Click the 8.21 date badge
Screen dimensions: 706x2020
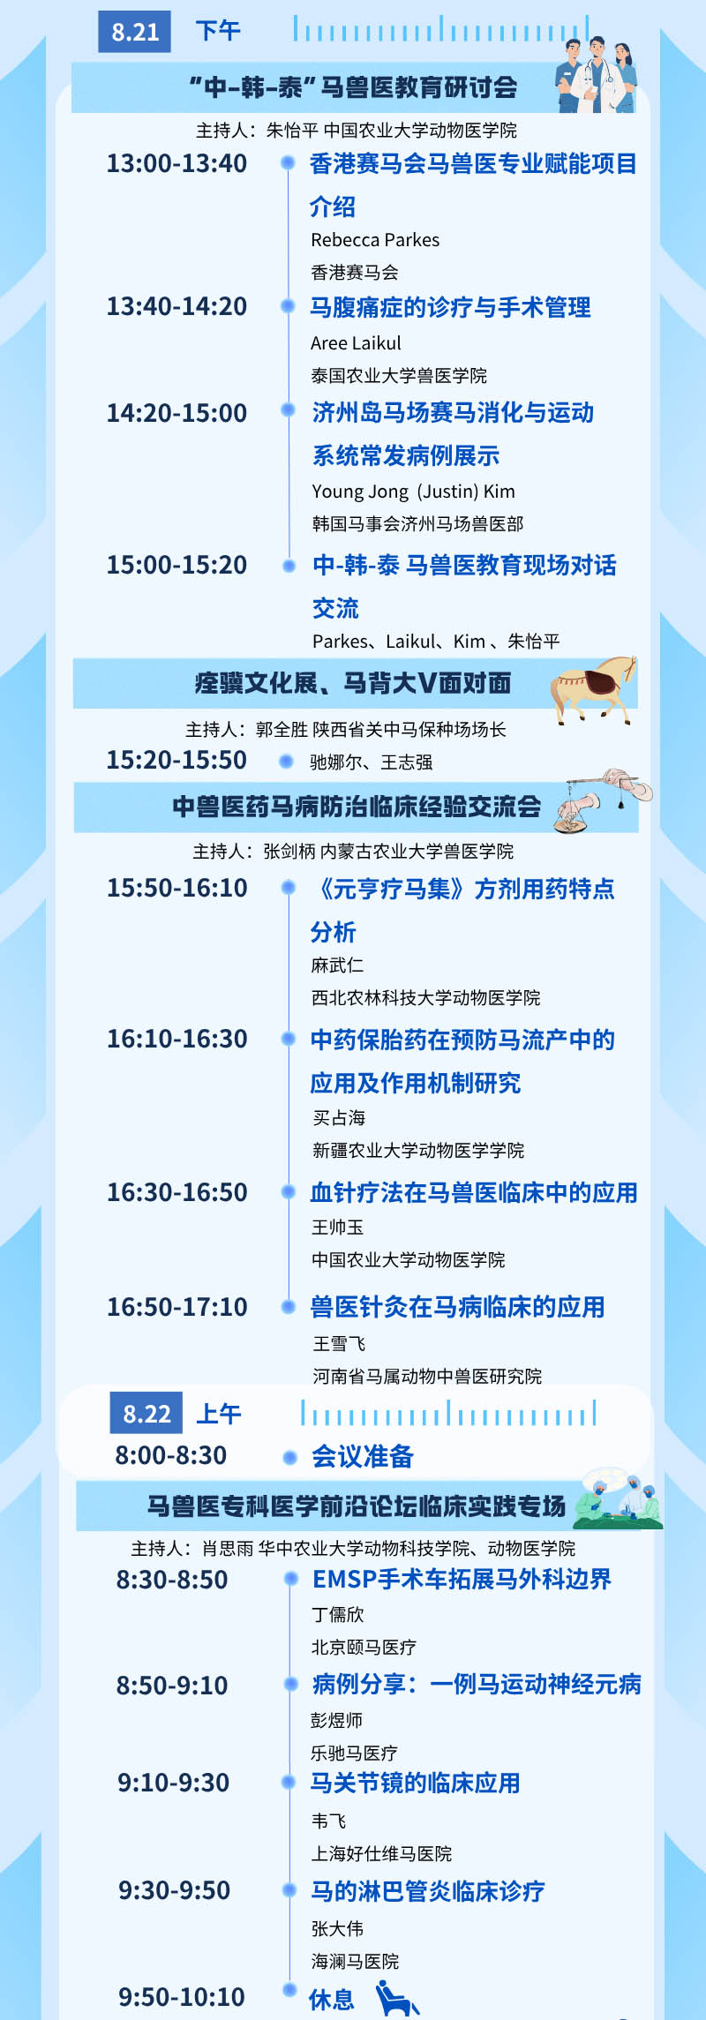[x=134, y=32]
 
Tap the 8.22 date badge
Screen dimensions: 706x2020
[x=146, y=1414]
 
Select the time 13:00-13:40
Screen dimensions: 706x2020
[x=176, y=163]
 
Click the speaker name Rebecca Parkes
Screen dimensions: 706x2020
[x=375, y=240]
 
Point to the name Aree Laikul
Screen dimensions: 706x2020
[x=356, y=343]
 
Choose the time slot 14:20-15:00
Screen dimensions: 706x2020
[x=176, y=413]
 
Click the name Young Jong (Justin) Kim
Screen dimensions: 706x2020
[x=413, y=492]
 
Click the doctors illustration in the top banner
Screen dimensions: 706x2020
[x=596, y=75]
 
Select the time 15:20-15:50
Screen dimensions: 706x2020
[x=176, y=760]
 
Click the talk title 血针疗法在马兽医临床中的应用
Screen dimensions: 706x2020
[x=474, y=1193]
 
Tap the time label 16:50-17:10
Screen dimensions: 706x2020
[x=176, y=1307]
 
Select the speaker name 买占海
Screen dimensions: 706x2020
[x=339, y=1118]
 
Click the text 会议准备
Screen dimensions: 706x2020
[x=363, y=1457]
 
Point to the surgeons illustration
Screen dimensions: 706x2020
[x=618, y=1501]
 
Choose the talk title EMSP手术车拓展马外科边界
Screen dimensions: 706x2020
[x=462, y=1580]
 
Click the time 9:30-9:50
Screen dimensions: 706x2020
[x=174, y=1890]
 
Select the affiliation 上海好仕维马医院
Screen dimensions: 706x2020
[x=381, y=1853]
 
